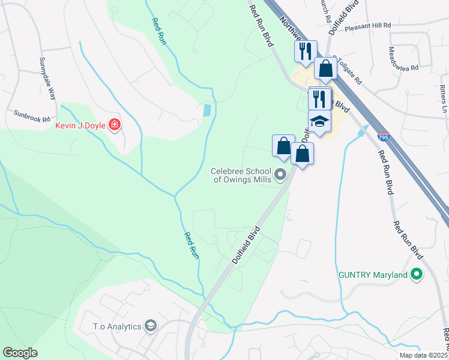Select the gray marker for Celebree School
pyautogui.click(x=280, y=175)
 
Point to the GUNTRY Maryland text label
pyautogui.click(x=372, y=275)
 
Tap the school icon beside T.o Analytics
pyautogui.click(x=150, y=326)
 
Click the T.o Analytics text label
pyautogui.click(x=117, y=326)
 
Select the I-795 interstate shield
pyautogui.click(x=382, y=138)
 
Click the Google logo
pyautogui.click(x=20, y=353)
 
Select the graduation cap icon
pyautogui.click(x=319, y=121)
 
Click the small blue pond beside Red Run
pyautogui.click(x=207, y=110)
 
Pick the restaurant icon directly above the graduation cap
pyautogui.click(x=319, y=98)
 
